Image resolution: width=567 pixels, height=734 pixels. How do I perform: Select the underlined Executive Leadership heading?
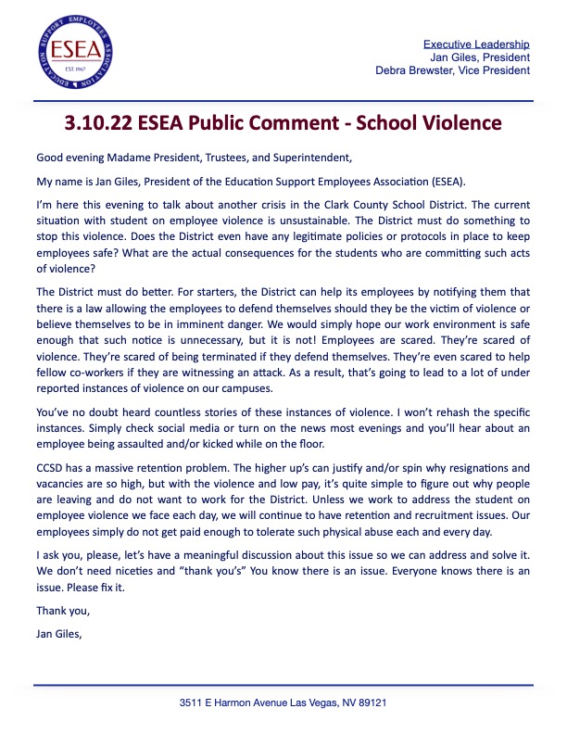tap(476, 44)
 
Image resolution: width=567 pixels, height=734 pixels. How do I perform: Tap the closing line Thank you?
tap(63, 610)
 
